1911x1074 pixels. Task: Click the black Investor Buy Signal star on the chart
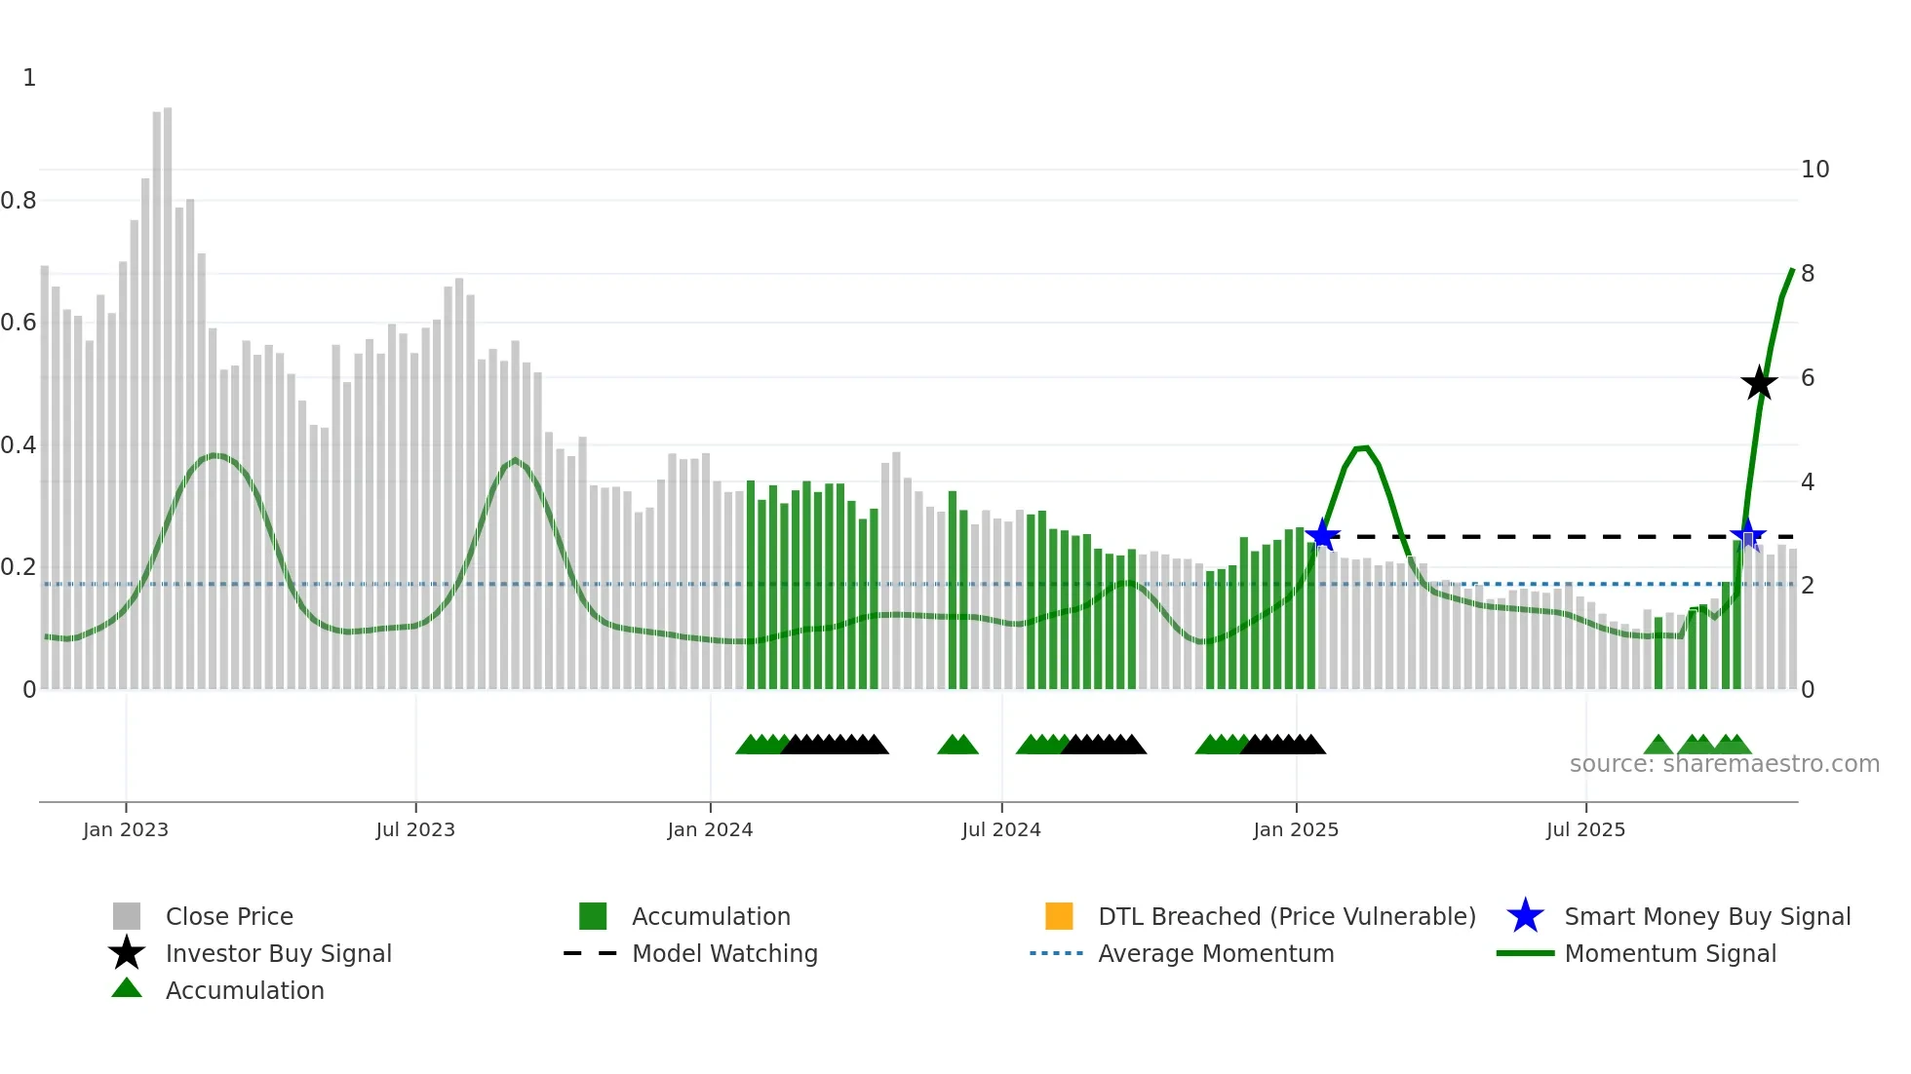[1759, 383]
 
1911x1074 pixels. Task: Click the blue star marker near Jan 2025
[1322, 535]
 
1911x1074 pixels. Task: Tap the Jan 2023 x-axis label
[126, 829]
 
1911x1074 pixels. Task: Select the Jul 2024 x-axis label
[1001, 829]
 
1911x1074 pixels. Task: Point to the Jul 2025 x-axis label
[1585, 829]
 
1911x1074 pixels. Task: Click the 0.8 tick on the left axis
[19, 201]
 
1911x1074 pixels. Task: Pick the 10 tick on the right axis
[1814, 170]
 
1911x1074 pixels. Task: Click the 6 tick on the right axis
[1808, 378]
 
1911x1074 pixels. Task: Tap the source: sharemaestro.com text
[1724, 764]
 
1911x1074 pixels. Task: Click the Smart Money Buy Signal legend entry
[1706, 916]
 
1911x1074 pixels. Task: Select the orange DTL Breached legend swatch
[1059, 916]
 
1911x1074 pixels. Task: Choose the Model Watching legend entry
[723, 953]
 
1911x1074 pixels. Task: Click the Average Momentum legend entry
[1215, 953]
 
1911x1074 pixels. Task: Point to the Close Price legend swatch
[127, 916]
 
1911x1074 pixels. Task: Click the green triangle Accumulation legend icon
[127, 988]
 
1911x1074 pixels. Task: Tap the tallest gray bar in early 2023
[168, 390]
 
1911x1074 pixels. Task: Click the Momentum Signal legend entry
[1669, 953]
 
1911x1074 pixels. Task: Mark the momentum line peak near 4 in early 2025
[1363, 448]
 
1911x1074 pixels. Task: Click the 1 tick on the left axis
[29, 78]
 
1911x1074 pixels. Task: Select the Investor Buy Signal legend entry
[278, 953]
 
